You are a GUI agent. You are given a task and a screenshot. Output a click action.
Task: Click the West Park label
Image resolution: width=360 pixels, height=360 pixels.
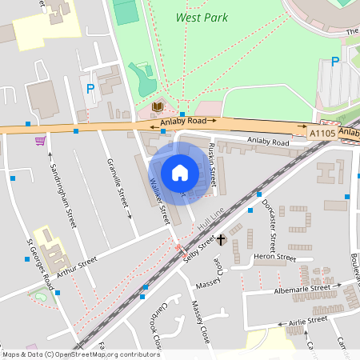[x=202, y=18]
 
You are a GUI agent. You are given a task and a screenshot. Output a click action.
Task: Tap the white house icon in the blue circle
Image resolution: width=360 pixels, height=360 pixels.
[x=180, y=172]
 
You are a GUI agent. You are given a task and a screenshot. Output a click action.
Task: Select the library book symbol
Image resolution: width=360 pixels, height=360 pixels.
[x=158, y=106]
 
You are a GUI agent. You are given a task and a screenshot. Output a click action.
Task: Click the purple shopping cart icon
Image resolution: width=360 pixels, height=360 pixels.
[x=40, y=141]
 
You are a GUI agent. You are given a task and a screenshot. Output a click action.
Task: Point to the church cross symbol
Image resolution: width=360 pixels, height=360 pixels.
[x=221, y=239]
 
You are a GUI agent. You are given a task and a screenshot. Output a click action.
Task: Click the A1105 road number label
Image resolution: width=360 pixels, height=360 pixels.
[x=322, y=135]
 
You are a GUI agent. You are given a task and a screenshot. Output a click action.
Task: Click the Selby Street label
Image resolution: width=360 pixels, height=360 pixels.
[x=200, y=246]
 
